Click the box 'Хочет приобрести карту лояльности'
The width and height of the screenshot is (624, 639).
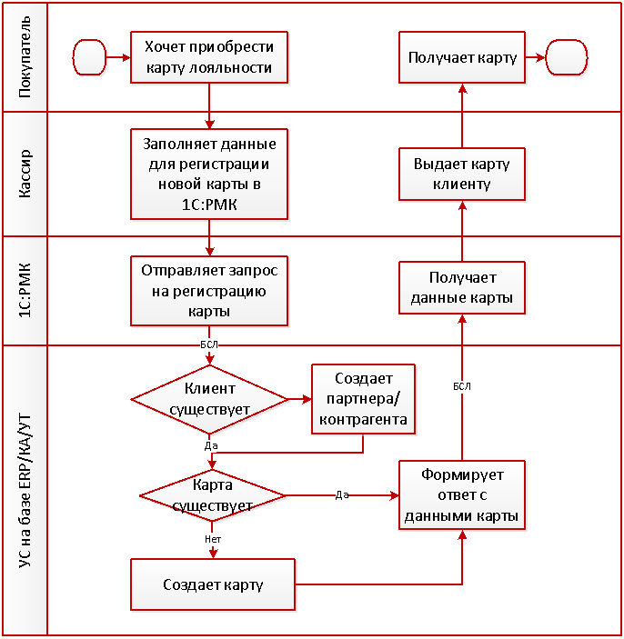click(210, 58)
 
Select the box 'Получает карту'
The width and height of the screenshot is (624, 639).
click(462, 58)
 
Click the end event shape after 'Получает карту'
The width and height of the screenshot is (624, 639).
click(565, 58)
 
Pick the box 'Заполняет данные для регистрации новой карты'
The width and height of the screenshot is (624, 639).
click(210, 175)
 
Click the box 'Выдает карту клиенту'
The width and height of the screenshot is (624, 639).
click(462, 175)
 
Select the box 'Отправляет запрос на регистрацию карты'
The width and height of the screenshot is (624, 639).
click(210, 291)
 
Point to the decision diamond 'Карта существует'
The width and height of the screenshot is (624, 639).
click(211, 494)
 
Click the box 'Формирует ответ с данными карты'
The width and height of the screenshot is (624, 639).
click(462, 495)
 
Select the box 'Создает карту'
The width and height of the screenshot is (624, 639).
click(214, 584)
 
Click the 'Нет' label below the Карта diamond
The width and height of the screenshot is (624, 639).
click(213, 539)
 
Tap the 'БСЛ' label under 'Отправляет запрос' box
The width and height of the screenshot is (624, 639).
click(207, 345)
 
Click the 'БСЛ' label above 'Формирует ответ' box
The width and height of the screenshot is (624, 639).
click(462, 386)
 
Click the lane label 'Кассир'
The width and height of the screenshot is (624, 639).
click(25, 175)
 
